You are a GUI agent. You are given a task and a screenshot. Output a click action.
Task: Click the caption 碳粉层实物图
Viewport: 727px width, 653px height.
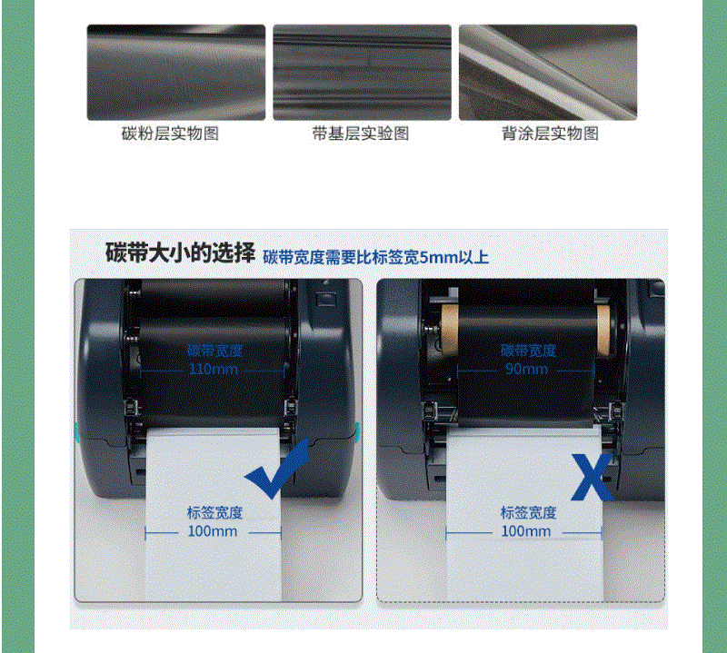click(x=170, y=134)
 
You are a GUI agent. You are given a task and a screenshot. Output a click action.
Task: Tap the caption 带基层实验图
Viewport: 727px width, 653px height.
click(x=360, y=134)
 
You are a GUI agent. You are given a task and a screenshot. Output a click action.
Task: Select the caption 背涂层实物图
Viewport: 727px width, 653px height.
click(x=551, y=134)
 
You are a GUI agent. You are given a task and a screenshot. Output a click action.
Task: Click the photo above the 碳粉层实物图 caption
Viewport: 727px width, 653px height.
click(x=176, y=73)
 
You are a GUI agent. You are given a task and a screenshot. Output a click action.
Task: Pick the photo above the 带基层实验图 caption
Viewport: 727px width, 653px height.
click(x=362, y=73)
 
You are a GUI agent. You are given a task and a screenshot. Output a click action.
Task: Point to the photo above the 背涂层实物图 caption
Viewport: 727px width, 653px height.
click(x=548, y=73)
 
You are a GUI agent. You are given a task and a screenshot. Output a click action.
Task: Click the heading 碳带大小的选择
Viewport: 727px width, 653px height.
click(x=180, y=252)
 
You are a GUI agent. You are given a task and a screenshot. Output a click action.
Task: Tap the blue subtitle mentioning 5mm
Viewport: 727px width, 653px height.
click(x=376, y=257)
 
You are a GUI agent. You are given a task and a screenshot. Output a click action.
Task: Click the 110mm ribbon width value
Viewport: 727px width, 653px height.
click(x=214, y=370)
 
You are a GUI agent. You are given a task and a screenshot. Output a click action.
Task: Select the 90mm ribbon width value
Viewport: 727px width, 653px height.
click(x=527, y=369)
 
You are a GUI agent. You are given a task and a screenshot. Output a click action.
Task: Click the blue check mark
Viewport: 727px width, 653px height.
click(x=277, y=470)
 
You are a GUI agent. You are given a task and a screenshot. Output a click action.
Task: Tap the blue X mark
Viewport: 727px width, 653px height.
click(x=593, y=477)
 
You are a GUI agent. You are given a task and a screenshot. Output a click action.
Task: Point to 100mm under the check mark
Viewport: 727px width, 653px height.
click(x=213, y=531)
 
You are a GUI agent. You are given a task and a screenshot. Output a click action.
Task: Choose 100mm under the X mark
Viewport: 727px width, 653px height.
click(x=526, y=531)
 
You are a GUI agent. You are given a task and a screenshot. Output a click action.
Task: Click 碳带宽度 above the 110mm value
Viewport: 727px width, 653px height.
click(x=215, y=351)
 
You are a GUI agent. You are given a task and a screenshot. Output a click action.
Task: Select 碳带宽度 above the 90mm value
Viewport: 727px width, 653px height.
click(x=529, y=351)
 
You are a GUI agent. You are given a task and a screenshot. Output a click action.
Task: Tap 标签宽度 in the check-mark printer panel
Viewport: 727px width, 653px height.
click(x=215, y=512)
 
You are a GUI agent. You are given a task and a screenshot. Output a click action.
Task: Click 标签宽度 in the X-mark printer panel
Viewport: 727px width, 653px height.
click(x=529, y=512)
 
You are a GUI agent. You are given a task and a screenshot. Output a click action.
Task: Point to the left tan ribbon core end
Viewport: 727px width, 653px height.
click(x=449, y=329)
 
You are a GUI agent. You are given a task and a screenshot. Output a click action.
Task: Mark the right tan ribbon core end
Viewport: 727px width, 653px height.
click(x=603, y=329)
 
